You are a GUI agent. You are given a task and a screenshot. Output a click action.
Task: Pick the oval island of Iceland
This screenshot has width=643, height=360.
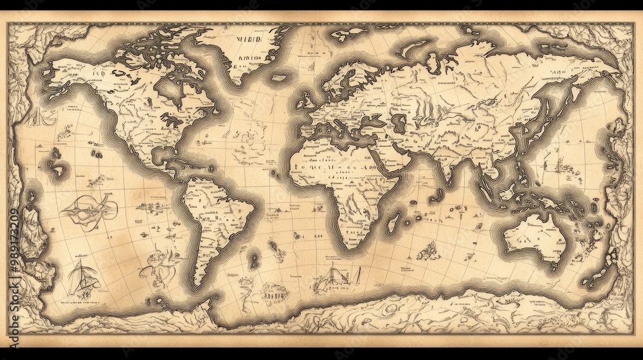click(x=279, y=78)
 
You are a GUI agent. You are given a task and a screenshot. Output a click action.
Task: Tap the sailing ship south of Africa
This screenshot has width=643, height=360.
click(x=334, y=280)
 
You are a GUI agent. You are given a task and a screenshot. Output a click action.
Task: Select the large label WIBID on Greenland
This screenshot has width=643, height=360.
click(x=249, y=39)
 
